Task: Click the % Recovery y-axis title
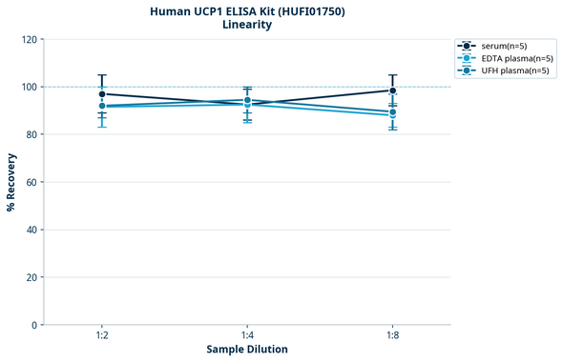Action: pyautogui.click(x=11, y=181)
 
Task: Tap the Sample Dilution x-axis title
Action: pyautogui.click(x=247, y=350)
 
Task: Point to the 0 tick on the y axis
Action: pyautogui.click(x=35, y=325)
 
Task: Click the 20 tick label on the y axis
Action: pyautogui.click(x=32, y=277)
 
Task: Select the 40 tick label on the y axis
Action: pyautogui.click(x=32, y=230)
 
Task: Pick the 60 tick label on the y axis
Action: pyautogui.click(x=32, y=182)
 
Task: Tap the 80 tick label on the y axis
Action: pyautogui.click(x=32, y=134)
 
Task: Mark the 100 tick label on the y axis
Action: pyautogui.click(x=30, y=87)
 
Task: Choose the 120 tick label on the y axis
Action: pyautogui.click(x=30, y=39)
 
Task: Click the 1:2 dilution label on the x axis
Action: pyautogui.click(x=101, y=336)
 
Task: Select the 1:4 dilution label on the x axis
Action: pyautogui.click(x=247, y=336)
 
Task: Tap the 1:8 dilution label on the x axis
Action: pyautogui.click(x=392, y=336)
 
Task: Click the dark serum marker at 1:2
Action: pyautogui.click(x=102, y=94)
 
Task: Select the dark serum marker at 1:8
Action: pyautogui.click(x=392, y=90)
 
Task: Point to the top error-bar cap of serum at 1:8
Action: pyautogui.click(x=392, y=75)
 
